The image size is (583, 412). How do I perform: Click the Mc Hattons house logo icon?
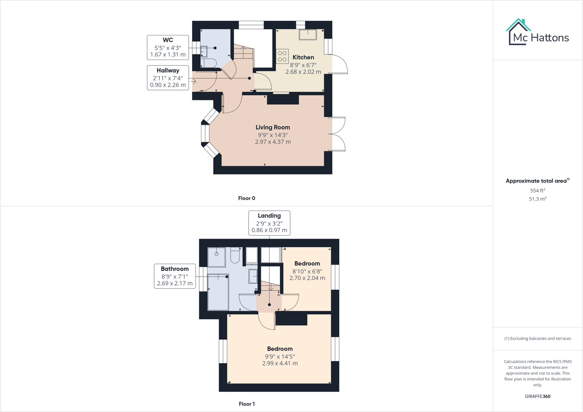click(x=518, y=32)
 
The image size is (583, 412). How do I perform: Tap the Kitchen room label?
click(x=303, y=57)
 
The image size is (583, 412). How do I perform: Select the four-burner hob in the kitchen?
click(x=282, y=56)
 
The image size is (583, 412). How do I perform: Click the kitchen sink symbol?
click(x=308, y=35)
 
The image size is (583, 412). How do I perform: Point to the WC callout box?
click(x=168, y=47)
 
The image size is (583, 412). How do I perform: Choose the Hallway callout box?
click(x=168, y=78)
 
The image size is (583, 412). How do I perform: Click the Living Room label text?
click(x=273, y=127)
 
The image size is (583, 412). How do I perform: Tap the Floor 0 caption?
click(x=247, y=198)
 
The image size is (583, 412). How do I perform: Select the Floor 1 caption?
click(x=247, y=404)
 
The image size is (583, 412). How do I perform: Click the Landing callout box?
click(x=269, y=223)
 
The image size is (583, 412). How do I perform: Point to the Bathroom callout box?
click(x=175, y=276)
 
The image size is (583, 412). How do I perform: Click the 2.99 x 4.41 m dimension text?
click(x=280, y=363)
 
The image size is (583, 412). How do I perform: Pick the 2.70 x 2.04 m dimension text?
click(x=307, y=278)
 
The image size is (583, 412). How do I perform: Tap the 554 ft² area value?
click(x=538, y=191)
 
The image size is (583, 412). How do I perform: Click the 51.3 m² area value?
click(x=538, y=199)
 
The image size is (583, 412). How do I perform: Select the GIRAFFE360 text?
click(x=538, y=396)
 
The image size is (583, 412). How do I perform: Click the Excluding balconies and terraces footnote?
click(x=538, y=339)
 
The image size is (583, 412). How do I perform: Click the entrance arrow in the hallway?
click(x=194, y=81)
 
